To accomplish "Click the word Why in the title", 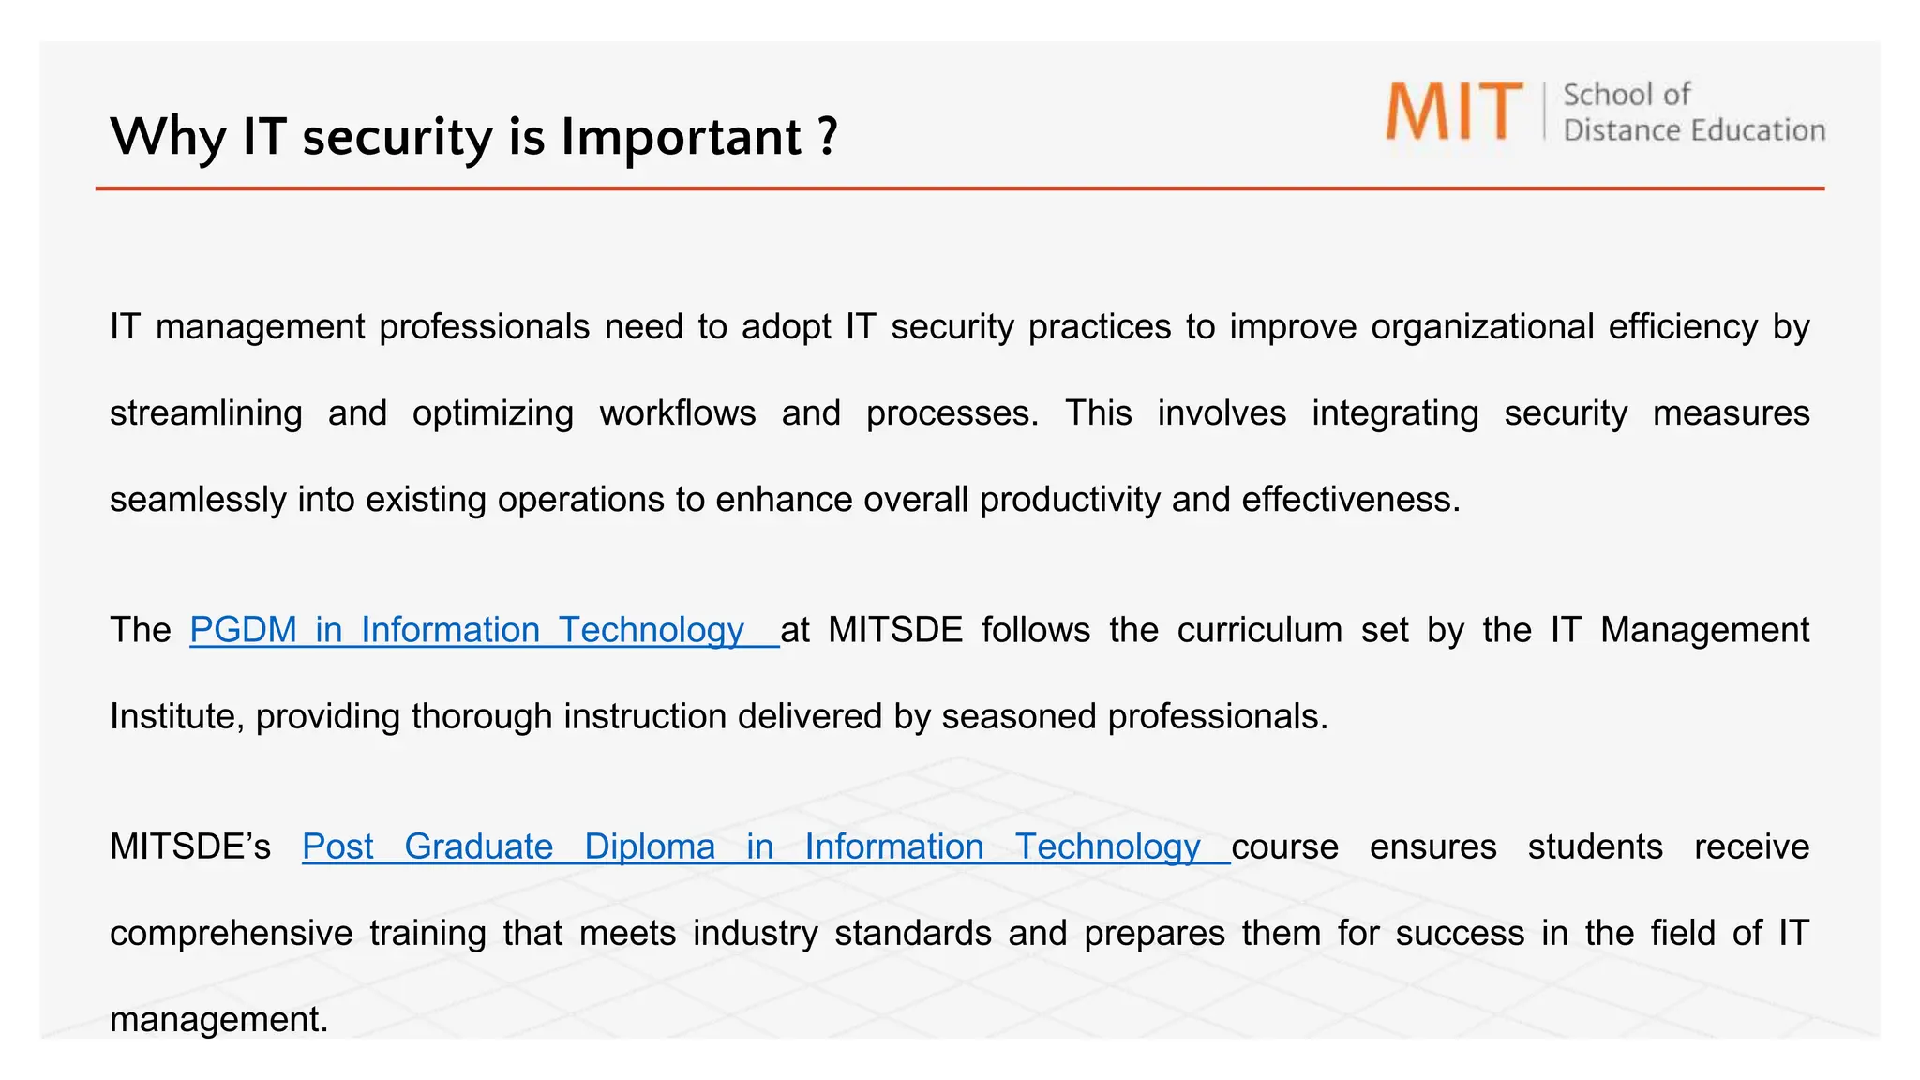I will tap(168, 137).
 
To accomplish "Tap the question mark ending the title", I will tap(827, 137).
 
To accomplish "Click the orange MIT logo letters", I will tap(1454, 112).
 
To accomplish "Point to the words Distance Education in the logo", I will tap(1694, 130).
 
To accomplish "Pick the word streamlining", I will tap(206, 413).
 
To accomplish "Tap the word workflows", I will tap(678, 413).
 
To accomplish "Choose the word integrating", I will tap(1395, 413).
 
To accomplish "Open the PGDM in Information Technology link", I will tap(467, 630).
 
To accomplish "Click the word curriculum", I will tap(1260, 630).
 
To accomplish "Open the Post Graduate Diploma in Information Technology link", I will tap(751, 847).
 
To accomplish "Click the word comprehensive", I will tap(232, 934).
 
